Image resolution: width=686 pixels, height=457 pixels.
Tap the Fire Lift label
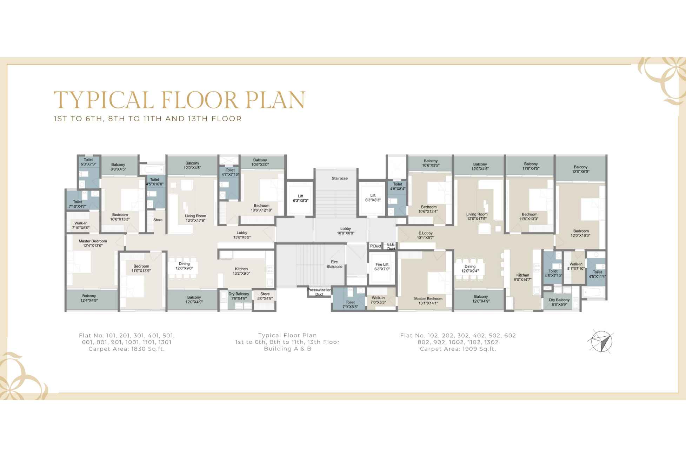[x=382, y=267]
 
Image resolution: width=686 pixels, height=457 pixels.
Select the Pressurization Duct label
[x=319, y=292]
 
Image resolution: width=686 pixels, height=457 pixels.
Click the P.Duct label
[x=375, y=246]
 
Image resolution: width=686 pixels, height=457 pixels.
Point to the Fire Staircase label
[x=334, y=264]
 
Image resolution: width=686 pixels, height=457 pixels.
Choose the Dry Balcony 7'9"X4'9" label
[x=239, y=296]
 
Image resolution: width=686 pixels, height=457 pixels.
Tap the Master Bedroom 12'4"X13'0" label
[x=93, y=243]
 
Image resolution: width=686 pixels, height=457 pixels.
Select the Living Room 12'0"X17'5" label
[x=477, y=216]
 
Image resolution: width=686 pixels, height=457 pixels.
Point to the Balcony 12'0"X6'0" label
[x=580, y=169]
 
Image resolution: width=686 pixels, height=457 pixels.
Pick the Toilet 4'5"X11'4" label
[x=597, y=274]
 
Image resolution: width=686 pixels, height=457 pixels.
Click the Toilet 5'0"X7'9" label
[x=88, y=162]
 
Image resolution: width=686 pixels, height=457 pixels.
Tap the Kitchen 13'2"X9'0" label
[x=241, y=271]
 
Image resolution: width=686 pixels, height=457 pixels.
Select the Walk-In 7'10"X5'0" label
[x=81, y=225]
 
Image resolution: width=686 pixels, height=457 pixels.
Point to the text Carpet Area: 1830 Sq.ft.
[x=127, y=349]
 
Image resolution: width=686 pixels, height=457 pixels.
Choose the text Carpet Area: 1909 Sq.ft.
[x=458, y=349]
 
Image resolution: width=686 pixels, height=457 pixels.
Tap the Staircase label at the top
[x=340, y=178]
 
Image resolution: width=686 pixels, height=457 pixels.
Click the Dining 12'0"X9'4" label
[x=470, y=269]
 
